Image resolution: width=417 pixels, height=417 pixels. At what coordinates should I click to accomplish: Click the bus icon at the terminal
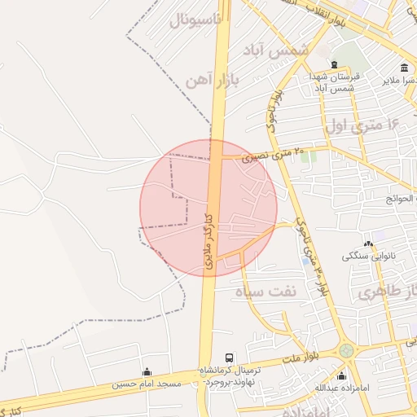tap(228, 358)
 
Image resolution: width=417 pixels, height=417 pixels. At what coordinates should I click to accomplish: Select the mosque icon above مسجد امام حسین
tap(147, 371)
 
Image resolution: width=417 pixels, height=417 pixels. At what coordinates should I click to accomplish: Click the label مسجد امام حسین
tap(147, 384)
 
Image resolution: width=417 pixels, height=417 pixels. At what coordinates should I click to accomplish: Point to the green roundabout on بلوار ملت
tap(347, 350)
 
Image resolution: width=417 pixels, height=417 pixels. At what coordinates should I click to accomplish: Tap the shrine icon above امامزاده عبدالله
tap(341, 375)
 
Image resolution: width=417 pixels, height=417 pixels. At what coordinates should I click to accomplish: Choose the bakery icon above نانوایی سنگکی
tap(369, 243)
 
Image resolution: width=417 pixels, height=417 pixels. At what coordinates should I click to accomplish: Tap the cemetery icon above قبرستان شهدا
tap(333, 64)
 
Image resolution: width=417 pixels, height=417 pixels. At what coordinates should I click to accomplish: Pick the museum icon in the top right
tap(405, 68)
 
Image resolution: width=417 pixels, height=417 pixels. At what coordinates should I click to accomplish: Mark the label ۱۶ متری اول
tap(363, 125)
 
